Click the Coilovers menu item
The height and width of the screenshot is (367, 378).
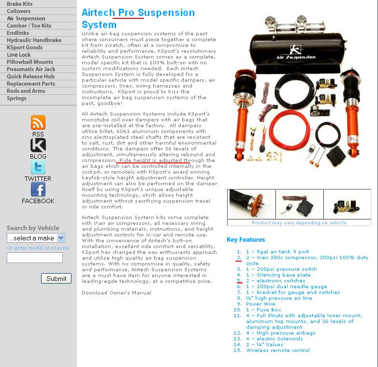pyautogui.click(x=19, y=11)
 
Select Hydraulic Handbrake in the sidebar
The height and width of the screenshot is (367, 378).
pyautogui.click(x=34, y=40)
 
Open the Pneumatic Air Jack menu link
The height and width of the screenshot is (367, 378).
pyautogui.click(x=31, y=69)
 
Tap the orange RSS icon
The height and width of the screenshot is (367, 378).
pyautogui.click(x=38, y=122)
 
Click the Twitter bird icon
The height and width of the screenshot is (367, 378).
pyautogui.click(x=38, y=167)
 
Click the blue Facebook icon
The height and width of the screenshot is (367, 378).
pyautogui.click(x=38, y=189)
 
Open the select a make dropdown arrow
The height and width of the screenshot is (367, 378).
pyautogui.click(x=61, y=238)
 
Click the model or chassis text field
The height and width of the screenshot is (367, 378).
pyautogui.click(x=35, y=258)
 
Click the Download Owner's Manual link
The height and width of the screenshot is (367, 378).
pyautogui.click(x=116, y=293)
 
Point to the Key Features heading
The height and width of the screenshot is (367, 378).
pyautogui.click(x=246, y=240)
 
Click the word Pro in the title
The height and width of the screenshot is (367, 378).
pyautogui.click(x=126, y=13)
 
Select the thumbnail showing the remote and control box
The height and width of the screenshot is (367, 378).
pyautogui.click(x=299, y=204)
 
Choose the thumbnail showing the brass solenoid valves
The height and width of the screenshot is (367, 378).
pyautogui.click(x=347, y=204)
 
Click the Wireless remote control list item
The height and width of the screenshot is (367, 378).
pyautogui.click(x=278, y=351)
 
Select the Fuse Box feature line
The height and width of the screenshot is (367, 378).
pyautogui.click(x=263, y=310)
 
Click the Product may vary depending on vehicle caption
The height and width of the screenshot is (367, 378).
pyautogui.click(x=299, y=223)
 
